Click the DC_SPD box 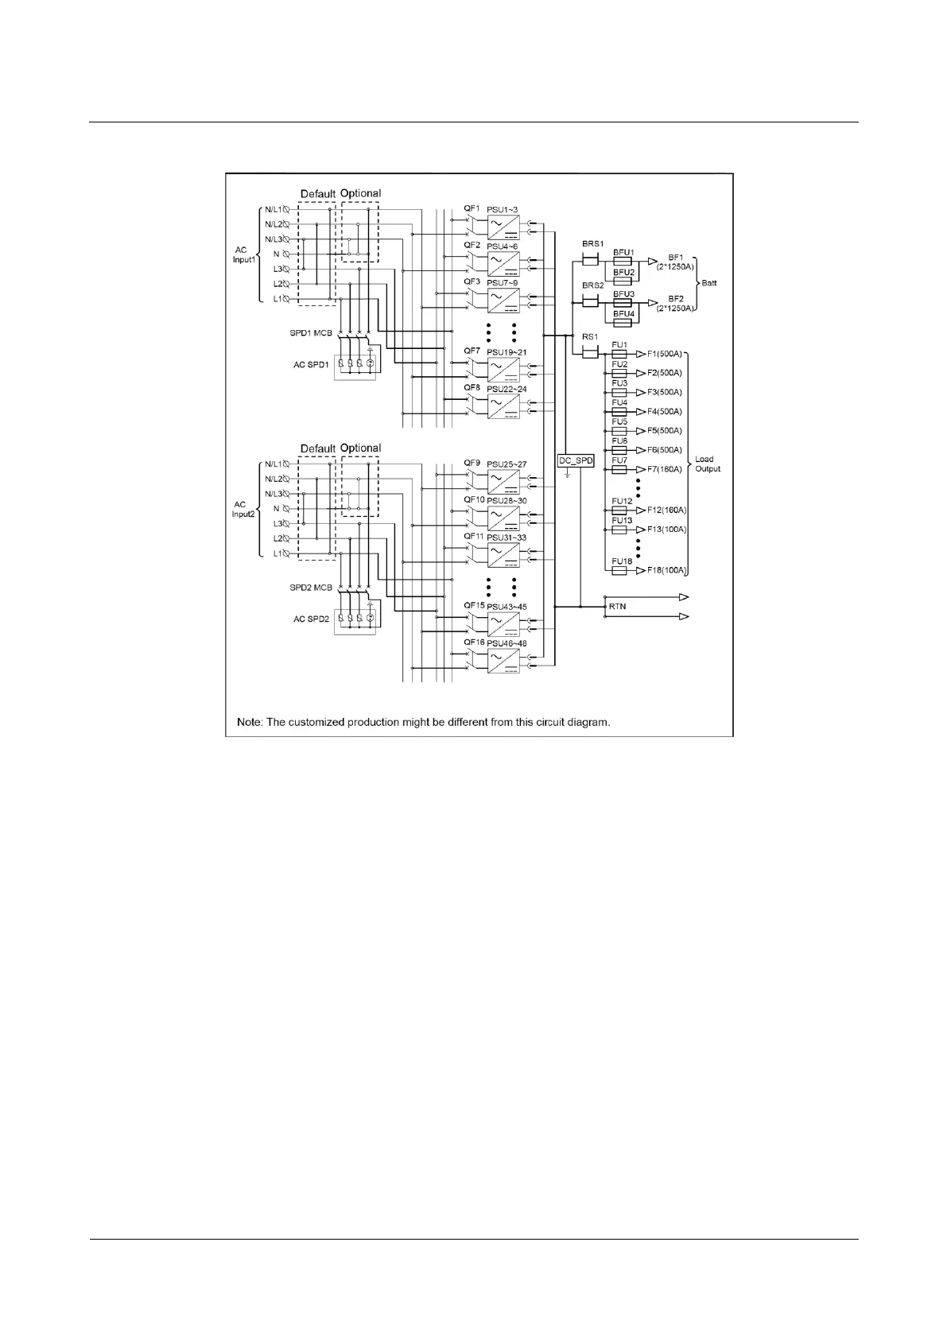[x=576, y=460]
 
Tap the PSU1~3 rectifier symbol [x=503, y=227]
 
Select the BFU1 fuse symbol [x=623, y=261]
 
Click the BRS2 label [x=592, y=285]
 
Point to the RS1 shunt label [x=589, y=337]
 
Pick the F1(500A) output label [x=664, y=354]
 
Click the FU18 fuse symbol [x=619, y=571]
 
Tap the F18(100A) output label [x=666, y=571]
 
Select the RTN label [x=617, y=607]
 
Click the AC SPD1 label [x=311, y=365]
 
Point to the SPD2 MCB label [x=311, y=588]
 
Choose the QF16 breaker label [x=474, y=642]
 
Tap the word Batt [x=708, y=283]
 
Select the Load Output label [x=707, y=464]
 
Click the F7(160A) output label [x=664, y=469]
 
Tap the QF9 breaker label [x=472, y=463]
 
